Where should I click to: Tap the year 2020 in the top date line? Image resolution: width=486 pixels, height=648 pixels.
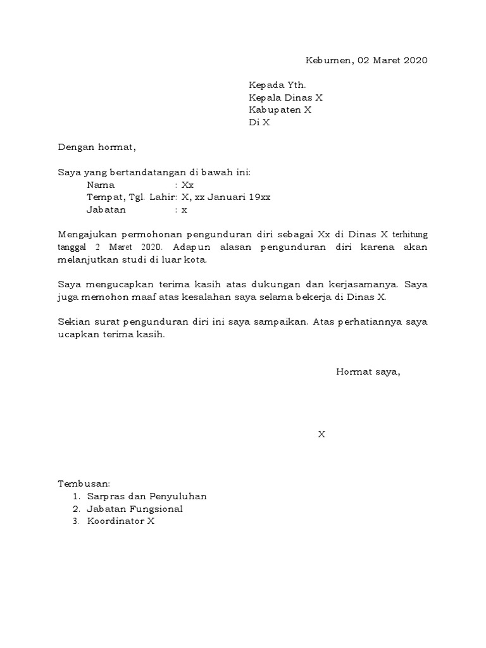click(415, 61)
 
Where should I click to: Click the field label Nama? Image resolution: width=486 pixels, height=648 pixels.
click(101, 185)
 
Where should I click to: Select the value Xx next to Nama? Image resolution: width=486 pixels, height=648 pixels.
click(187, 185)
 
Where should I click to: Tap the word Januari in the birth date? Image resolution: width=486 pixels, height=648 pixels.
click(227, 197)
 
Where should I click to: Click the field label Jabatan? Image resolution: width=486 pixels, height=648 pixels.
click(106, 209)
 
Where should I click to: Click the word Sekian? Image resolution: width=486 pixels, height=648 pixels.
click(72, 321)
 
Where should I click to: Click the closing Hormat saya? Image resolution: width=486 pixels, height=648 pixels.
click(368, 371)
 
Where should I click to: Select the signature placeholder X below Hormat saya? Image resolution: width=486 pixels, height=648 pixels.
click(321, 434)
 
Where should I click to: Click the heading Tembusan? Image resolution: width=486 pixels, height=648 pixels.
click(84, 484)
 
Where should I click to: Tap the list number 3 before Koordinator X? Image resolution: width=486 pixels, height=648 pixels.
click(75, 521)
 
